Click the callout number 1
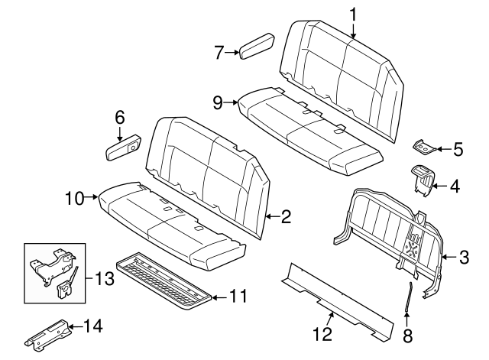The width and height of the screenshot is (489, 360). coord(353,15)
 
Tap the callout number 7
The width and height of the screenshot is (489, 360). coord(219,53)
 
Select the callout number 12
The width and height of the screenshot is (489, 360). coord(322,335)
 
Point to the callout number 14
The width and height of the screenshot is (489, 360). coord(93,326)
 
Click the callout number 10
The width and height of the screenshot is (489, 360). coord(75,198)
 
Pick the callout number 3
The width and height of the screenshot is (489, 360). coord(464,258)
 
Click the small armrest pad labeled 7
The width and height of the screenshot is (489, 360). coord(257,46)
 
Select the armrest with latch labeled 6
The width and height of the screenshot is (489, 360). coord(123,148)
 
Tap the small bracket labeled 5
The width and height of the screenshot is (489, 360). coord(423,147)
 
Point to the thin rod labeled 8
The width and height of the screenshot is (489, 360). coord(408,297)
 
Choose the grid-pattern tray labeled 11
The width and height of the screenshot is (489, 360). coord(164,281)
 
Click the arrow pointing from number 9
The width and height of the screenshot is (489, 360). coord(232,102)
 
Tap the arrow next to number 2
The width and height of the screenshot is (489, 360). coord(272,216)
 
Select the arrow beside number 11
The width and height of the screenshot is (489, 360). coord(219,297)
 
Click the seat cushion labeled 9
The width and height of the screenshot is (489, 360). coord(310,131)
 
